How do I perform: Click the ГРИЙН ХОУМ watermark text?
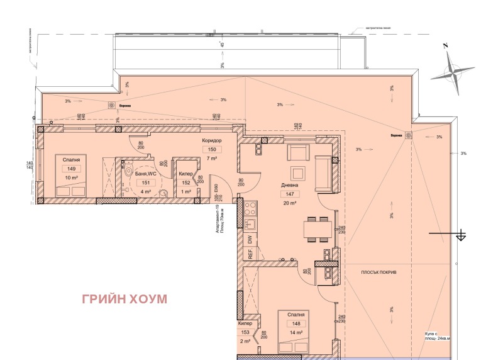[x=124, y=298]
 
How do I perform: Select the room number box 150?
[x=212, y=150]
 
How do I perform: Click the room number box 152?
[x=186, y=183]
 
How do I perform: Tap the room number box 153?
[x=245, y=332]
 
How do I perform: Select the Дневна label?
[x=290, y=186]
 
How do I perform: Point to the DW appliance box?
[x=250, y=240]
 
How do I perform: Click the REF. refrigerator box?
[x=250, y=254]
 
